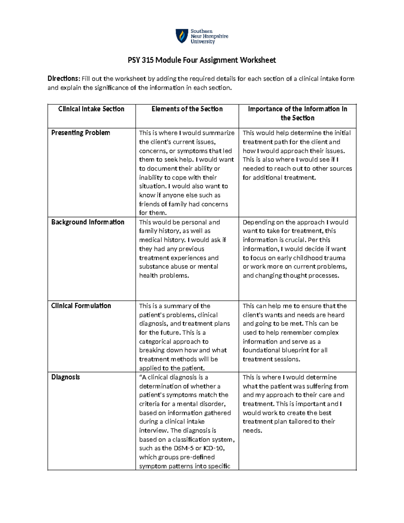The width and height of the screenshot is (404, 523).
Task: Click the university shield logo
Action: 182,36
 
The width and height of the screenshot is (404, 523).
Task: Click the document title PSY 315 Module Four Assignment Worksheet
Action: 202,60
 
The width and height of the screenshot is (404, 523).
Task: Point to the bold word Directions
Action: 64,79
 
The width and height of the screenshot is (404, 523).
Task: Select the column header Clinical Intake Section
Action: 91,109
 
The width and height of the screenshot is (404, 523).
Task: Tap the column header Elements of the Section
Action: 187,109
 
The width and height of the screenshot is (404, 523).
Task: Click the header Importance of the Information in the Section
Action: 297,113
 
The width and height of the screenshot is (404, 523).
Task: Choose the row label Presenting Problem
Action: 80,133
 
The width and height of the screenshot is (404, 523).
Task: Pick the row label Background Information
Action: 88,222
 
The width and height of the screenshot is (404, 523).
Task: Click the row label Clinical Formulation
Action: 81,306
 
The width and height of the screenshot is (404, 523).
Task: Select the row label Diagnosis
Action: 65,377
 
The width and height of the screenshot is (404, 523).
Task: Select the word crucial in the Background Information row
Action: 293,240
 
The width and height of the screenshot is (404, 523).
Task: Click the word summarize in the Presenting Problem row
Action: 219,133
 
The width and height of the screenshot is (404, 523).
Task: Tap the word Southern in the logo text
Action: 201,31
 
